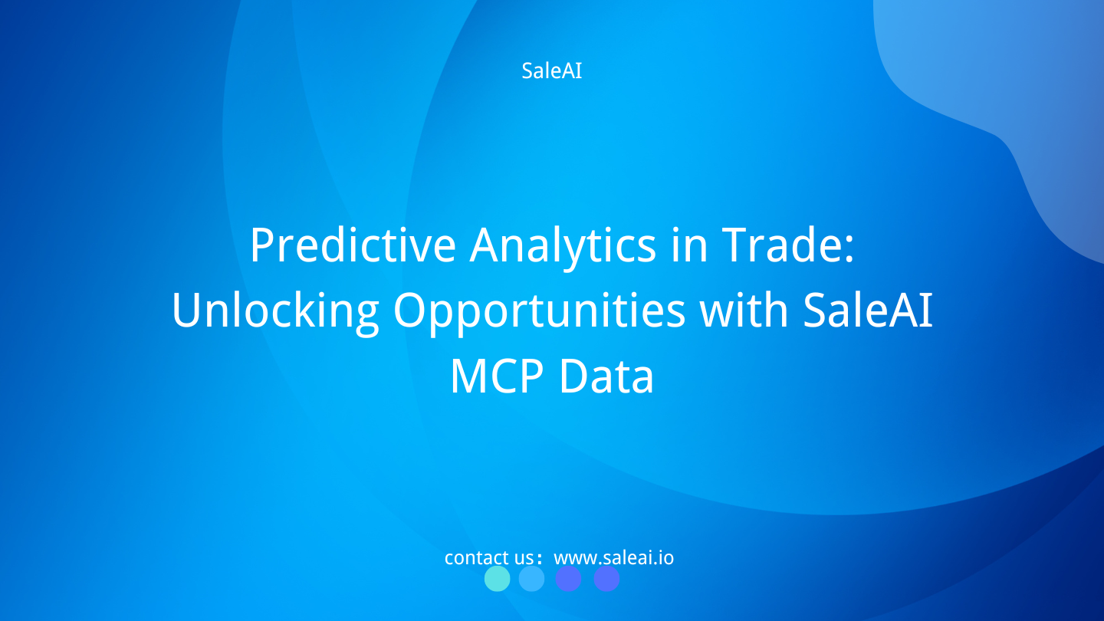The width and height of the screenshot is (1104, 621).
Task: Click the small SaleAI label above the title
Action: (551, 71)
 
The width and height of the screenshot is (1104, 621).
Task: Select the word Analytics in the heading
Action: (563, 245)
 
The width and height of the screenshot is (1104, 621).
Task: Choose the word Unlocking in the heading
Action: (274, 311)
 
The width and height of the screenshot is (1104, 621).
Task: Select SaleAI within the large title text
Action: (868, 310)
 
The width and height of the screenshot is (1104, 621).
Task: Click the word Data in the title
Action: (606, 377)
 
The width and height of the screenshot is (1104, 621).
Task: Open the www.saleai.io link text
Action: (613, 557)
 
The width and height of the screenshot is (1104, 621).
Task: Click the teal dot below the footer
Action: (497, 579)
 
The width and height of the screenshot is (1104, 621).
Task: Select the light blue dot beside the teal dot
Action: (531, 579)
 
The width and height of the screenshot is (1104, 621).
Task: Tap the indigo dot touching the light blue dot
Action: (568, 579)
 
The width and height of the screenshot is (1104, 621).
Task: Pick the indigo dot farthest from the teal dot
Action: (606, 579)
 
